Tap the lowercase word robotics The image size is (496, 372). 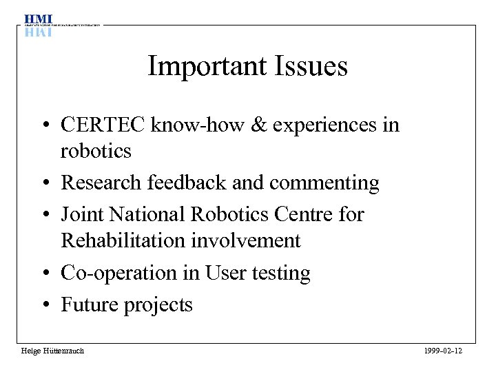click(95, 151)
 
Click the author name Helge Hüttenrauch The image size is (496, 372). click(52, 351)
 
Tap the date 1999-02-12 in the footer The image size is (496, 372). click(443, 351)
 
